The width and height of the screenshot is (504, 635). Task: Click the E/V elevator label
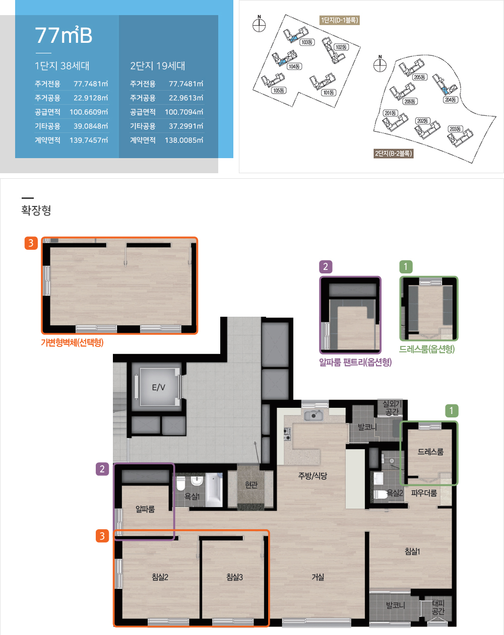(x=158, y=387)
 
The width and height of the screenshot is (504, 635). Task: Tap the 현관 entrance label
(x=251, y=484)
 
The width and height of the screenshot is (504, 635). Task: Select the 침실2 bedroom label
(x=160, y=577)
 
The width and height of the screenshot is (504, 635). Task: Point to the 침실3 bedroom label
(x=234, y=577)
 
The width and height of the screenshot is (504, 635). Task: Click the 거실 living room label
(x=318, y=577)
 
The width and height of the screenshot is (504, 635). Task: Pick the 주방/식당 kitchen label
(x=312, y=475)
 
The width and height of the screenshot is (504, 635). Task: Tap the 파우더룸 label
(x=424, y=493)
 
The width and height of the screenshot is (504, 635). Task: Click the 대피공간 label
(x=438, y=607)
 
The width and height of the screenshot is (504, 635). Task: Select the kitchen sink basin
(x=313, y=415)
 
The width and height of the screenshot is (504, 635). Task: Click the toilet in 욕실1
(x=181, y=483)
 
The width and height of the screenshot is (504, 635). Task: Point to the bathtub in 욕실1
(x=214, y=490)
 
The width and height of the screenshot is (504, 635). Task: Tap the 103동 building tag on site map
(x=307, y=42)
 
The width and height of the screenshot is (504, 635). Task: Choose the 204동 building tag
(x=450, y=100)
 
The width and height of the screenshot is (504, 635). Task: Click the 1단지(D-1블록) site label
(x=340, y=20)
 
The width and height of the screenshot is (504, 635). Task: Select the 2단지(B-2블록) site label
(x=393, y=154)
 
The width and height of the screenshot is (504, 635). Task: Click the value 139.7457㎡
(x=89, y=140)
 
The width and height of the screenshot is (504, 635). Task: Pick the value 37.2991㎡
(x=186, y=126)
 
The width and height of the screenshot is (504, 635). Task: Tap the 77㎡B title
(x=64, y=35)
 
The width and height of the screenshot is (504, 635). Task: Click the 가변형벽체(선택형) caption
(x=72, y=342)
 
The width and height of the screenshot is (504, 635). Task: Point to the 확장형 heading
(x=36, y=210)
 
